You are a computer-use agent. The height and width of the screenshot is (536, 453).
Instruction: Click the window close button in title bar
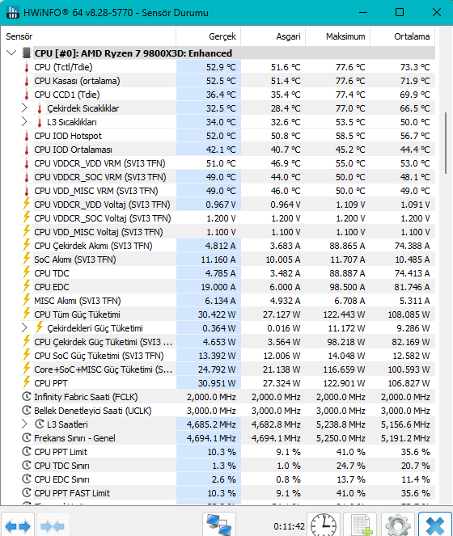coord(437,13)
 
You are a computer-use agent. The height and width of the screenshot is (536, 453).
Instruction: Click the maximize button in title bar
coord(400,13)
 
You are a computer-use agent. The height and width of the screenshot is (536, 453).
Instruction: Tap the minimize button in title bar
coord(363,13)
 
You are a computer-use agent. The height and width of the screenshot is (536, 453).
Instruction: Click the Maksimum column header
coord(345,36)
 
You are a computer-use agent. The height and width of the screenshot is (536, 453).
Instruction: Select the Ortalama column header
coord(412,36)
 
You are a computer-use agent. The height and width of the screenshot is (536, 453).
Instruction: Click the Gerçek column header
coord(222,36)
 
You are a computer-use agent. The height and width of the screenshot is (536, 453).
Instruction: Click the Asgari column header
coord(289,36)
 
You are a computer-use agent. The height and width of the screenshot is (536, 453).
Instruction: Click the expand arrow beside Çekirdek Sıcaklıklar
coord(24,108)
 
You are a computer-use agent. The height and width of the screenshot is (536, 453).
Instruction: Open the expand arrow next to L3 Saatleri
coord(24,424)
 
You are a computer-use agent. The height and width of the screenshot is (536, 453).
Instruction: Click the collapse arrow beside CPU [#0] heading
coord(11,53)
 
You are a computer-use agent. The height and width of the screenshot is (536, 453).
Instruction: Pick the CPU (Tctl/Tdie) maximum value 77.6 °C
coord(350,67)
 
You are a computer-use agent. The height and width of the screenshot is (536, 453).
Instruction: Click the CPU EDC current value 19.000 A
coord(218,287)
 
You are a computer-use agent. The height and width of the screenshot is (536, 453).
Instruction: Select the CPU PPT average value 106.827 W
coord(409,383)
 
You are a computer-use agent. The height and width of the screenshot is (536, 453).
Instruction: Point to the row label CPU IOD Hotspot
coord(68,136)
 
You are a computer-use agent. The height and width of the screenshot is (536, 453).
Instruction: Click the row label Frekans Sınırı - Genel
coord(74,438)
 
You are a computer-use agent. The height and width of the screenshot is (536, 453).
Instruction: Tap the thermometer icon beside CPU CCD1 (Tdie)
coord(27,95)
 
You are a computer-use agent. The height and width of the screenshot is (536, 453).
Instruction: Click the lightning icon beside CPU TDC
coord(27,272)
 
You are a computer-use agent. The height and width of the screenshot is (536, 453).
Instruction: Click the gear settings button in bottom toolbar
coord(397,525)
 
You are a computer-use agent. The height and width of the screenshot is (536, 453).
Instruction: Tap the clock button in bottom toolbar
coord(324,525)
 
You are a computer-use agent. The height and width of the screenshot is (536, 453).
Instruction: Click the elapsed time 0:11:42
coord(289,526)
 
